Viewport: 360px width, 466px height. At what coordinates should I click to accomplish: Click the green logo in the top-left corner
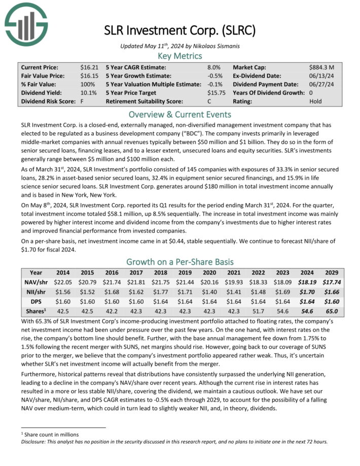tap(25, 23)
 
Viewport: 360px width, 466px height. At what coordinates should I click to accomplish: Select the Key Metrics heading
tap(180, 55)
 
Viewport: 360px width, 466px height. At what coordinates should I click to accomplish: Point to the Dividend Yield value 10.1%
tap(88, 93)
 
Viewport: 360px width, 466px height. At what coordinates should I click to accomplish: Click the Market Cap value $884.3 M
tap(321, 67)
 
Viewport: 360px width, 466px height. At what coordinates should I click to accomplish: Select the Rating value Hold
tap(315, 101)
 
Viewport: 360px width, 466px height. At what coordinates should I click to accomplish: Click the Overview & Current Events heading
tap(180, 114)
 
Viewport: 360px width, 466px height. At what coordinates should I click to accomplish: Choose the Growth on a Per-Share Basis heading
tap(180, 262)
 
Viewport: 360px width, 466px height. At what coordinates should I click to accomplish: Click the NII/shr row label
tap(36, 291)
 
